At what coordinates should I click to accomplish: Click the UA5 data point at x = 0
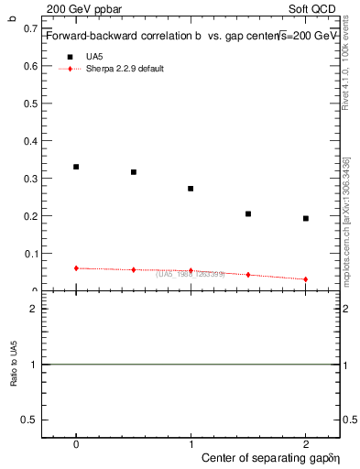pos(76,167)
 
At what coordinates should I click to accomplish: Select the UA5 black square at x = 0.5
pos(134,172)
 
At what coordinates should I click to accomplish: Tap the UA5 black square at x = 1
pos(191,189)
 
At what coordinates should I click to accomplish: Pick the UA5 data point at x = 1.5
pos(248,213)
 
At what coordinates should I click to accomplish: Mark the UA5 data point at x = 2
pos(305,218)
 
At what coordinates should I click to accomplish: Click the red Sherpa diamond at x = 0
pos(76,268)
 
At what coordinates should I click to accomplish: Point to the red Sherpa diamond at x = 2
pos(305,279)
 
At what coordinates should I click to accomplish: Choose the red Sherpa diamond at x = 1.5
pos(248,275)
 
